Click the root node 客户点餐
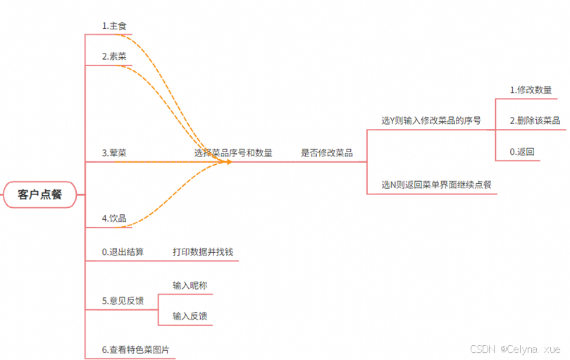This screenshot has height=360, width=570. [x=39, y=194]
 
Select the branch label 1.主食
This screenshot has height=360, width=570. [x=114, y=26]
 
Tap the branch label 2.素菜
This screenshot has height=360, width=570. [x=114, y=56]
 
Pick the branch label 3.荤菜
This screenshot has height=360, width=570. [x=114, y=152]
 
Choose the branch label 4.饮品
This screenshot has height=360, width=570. [x=114, y=218]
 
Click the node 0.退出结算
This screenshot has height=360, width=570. [x=123, y=252]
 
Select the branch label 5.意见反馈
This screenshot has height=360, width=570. [x=123, y=301]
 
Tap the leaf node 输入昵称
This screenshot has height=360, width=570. [x=190, y=285]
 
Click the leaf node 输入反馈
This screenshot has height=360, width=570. [x=190, y=316]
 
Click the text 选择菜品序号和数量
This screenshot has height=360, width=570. [x=233, y=152]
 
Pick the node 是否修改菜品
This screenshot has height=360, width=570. [x=327, y=152]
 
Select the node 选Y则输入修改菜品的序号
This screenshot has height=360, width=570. [x=431, y=120]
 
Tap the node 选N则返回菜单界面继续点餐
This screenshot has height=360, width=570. [x=436, y=185]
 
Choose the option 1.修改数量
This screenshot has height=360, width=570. [x=531, y=90]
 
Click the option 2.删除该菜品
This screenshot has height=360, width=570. [x=535, y=120]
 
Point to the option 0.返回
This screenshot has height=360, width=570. [x=522, y=151]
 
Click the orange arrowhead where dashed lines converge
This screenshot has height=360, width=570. [x=227, y=162]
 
